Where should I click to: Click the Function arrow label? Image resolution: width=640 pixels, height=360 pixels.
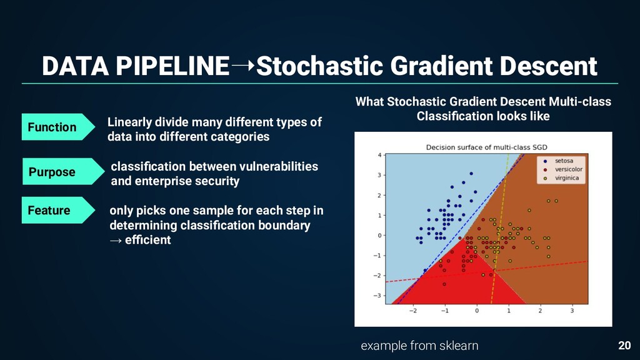pos(58,127)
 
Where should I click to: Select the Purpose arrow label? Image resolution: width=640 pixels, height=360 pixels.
pos(63,171)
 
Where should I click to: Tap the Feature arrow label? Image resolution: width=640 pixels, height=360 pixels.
pos(58,210)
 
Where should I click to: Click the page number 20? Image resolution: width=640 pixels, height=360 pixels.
pos(624,345)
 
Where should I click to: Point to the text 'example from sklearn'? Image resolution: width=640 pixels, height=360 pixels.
pos(419,346)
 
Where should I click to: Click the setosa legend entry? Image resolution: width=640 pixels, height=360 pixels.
pos(559,161)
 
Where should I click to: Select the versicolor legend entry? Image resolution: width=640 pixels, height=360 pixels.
pos(563,169)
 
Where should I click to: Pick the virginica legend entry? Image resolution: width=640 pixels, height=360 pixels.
pos(562,178)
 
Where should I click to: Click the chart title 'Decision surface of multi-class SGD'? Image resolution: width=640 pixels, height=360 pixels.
pos(486,147)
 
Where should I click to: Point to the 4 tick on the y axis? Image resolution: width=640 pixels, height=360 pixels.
pos(379,155)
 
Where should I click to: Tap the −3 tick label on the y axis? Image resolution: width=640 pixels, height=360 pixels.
pos(377,296)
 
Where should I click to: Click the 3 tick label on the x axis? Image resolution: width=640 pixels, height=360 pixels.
pos(572,311)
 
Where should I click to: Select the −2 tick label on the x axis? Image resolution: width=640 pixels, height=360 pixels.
pos(412,311)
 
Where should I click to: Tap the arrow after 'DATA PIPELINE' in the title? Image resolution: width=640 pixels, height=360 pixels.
pos(243,65)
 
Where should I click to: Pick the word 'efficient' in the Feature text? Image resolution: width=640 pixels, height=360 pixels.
pos(147,239)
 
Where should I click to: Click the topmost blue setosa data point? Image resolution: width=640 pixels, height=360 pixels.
pos(471,174)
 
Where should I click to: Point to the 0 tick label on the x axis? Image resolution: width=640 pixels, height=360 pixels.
pos(477,311)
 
